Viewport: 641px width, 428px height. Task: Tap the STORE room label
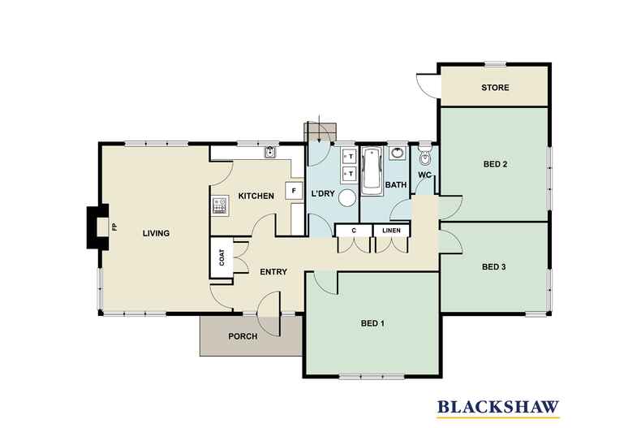495,87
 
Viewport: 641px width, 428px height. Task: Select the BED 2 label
495,165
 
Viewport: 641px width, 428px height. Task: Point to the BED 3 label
494,266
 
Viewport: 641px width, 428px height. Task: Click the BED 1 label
372,323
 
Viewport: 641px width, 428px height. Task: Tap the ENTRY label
273,271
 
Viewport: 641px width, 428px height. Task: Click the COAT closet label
221,257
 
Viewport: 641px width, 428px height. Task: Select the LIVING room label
156,234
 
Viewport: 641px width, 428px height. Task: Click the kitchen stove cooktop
219,205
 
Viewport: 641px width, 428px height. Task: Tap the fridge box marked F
290,192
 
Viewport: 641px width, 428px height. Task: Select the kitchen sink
270,152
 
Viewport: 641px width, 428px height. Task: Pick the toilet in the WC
423,155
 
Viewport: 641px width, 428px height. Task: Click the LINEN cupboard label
391,231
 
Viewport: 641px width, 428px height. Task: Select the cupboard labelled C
354,231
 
